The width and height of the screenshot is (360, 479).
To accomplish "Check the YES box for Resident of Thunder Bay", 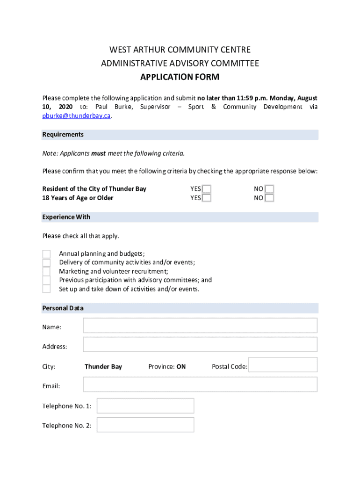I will pos(207,189).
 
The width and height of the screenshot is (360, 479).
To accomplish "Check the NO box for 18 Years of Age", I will pos(269,198).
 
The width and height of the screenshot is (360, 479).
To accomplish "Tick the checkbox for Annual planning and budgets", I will pos(46,254).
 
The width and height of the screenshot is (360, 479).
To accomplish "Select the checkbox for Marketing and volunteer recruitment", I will pos(46,271).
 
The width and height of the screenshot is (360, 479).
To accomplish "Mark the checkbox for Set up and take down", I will pos(46,289).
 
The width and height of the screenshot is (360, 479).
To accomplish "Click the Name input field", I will pos(200,326).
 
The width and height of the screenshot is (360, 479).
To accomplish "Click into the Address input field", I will pos(200,345).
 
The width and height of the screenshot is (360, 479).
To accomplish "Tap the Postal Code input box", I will pos(283,365).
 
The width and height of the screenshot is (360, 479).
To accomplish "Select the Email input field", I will pos(200,385).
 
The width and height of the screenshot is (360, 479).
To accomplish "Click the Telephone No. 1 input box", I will pos(145,406).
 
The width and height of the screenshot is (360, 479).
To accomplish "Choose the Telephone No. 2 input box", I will pos(145,425).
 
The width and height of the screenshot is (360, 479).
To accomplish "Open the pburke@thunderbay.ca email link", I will pos(77,116).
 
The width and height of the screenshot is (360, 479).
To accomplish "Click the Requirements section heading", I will pos(63,135).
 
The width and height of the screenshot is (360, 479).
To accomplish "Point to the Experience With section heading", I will pos(66,217).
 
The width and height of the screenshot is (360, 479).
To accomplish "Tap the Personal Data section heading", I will pos(63,308).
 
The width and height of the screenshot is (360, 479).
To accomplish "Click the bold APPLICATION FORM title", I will pos(180,77).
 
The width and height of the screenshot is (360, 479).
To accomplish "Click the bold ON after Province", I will pos(181,367).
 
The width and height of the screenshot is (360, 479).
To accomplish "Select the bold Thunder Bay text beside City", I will pos(103,367).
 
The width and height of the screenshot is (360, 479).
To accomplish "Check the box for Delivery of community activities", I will pos(46,262).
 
